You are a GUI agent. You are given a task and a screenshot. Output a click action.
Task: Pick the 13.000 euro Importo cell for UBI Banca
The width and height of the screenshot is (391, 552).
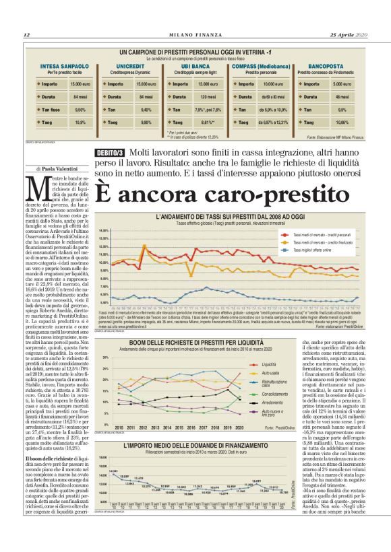(204, 84)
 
